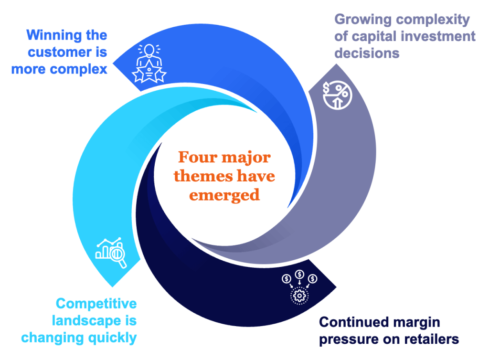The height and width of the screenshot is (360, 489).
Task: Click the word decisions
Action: pos(367,53)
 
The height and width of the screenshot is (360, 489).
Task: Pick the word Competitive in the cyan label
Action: pos(96,304)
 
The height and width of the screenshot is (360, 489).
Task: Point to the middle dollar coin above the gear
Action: pos(299,275)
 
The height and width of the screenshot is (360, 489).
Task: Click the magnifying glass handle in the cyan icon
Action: pos(123,263)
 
